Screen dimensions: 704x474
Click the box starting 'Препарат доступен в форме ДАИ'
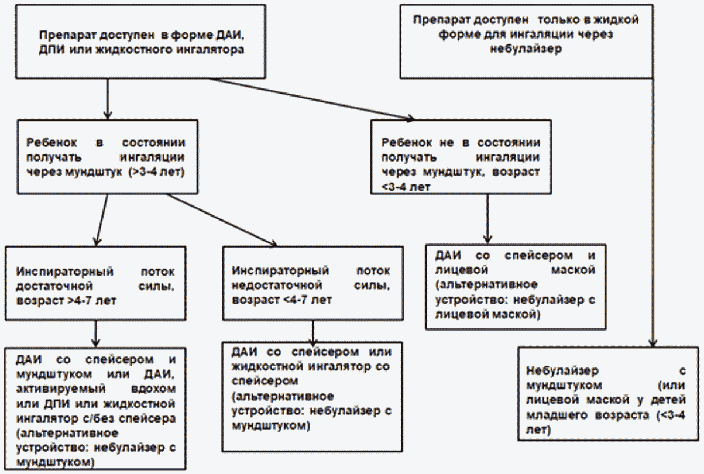[140, 41]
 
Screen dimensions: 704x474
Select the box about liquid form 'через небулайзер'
[527, 41]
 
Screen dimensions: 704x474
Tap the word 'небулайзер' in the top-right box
[526, 49]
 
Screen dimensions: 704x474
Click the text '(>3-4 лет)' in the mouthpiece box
[156, 171]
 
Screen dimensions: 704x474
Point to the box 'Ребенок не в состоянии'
[461, 157]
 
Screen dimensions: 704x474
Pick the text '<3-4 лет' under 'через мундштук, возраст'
[406, 187]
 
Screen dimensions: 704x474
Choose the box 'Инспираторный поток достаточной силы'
[95, 283]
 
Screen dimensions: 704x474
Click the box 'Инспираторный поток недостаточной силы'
[312, 283]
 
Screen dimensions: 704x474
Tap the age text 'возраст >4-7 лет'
[66, 301]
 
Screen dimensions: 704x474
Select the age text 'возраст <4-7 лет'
[281, 300]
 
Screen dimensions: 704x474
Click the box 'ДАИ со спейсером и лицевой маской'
[516, 287]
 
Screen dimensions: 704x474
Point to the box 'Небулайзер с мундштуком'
[608, 394]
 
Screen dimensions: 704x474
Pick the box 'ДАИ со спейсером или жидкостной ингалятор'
[312, 397]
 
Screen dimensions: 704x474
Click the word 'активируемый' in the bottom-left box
[61, 389]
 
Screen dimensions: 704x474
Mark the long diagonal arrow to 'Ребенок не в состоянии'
[311, 99]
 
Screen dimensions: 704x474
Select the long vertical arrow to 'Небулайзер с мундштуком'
[653, 213]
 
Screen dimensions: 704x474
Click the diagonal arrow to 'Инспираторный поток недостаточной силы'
[222, 220]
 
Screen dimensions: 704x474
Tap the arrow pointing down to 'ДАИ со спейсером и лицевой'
[487, 219]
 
